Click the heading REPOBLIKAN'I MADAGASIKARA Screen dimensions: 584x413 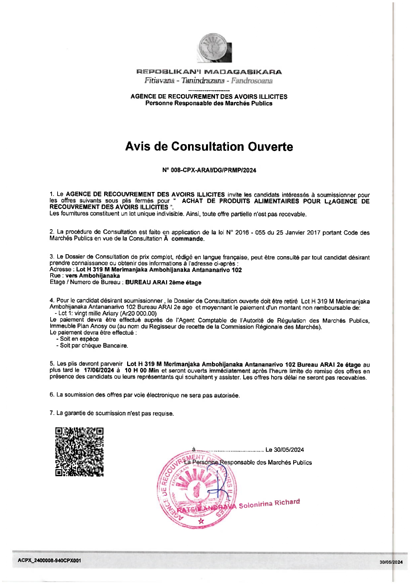(x=209, y=72)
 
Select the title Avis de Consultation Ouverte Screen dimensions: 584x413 (x=209, y=146)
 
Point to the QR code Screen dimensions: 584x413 (x=79, y=452)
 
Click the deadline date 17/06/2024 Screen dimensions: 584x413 (x=99, y=370)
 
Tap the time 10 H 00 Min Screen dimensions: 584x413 (x=141, y=370)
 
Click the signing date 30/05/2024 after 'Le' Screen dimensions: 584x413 (x=289, y=450)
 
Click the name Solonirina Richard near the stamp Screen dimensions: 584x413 (x=269, y=504)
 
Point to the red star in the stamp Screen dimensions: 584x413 (x=201, y=521)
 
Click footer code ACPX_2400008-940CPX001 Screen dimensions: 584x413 (x=49, y=560)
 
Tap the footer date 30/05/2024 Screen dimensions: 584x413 (x=391, y=562)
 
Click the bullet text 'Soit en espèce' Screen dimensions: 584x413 (x=79, y=339)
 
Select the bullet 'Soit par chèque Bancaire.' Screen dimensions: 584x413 (x=94, y=346)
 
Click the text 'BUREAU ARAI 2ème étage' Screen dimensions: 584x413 (x=163, y=283)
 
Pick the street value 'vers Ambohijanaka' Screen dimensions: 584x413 (x=93, y=276)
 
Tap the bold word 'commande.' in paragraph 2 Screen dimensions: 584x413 (x=188, y=239)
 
